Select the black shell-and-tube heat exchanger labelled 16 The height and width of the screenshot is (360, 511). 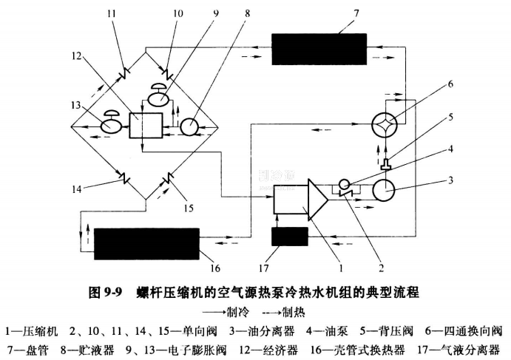[x=148, y=243]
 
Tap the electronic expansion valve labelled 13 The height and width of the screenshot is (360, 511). [x=112, y=125]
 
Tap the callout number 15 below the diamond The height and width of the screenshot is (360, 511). [x=189, y=208]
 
